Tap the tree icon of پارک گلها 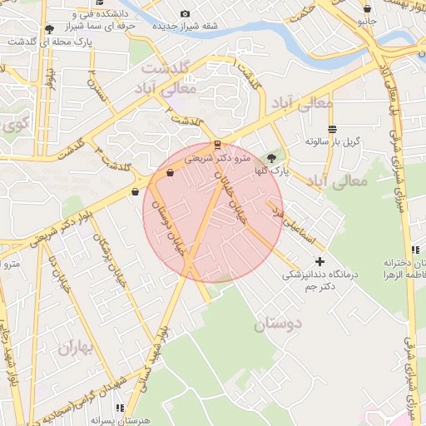point(270,158)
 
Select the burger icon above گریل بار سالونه point(333,129)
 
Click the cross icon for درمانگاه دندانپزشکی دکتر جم point(319,262)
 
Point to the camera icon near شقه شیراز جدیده point(185,13)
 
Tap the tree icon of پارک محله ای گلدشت point(49,28)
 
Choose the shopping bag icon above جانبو point(367,9)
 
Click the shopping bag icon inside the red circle point(171,173)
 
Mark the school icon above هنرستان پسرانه point(120,408)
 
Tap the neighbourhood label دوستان point(279,323)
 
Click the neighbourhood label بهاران point(79,348)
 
